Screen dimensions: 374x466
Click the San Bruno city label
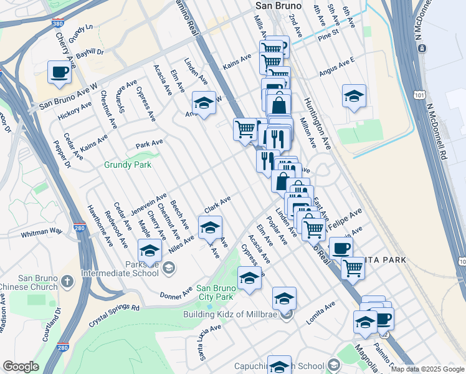[278, 6]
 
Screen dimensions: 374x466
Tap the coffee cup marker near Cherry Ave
[59, 72]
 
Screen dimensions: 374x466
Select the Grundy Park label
[128, 166]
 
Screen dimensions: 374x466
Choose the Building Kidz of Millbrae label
[231, 314]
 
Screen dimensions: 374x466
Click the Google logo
[21, 367]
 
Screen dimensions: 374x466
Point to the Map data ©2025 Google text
[427, 369]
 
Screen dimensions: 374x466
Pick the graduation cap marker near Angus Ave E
[354, 97]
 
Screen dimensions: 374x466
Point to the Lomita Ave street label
[320, 312]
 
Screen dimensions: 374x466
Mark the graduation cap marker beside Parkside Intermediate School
[150, 251]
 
